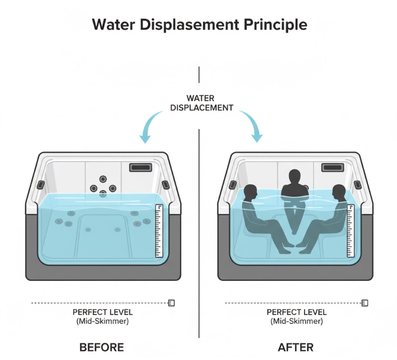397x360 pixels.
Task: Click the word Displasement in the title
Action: point(182,25)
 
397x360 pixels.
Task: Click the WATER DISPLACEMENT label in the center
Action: point(201,103)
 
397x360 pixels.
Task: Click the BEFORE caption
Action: point(102,347)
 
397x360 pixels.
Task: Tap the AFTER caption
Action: point(295,347)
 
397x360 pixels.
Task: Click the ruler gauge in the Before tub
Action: point(159,231)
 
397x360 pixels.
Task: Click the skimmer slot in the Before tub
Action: point(140,167)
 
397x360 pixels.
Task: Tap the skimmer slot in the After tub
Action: point(332,167)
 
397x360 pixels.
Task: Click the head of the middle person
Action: point(294,176)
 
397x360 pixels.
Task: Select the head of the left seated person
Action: point(250,192)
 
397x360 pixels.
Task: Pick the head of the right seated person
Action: point(338,192)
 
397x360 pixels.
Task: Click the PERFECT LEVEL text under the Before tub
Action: point(102,312)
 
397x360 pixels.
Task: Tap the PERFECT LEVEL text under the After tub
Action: point(295,312)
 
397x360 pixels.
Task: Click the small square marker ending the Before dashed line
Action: point(172,303)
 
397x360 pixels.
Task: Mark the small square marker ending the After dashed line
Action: point(365,303)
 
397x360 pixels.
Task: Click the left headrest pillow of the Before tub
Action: point(40,185)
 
